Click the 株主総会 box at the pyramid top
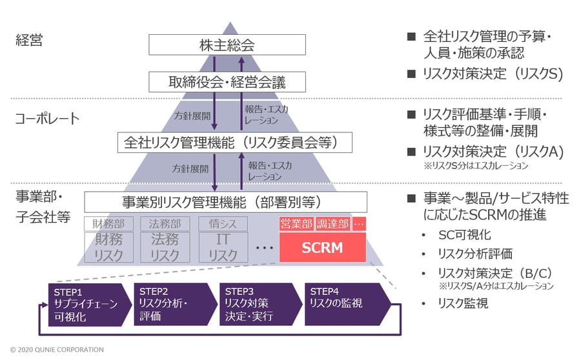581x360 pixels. [x=227, y=45]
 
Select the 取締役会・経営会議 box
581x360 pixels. [x=227, y=82]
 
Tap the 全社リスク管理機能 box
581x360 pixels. [x=234, y=143]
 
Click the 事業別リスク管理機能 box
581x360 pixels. [x=226, y=202]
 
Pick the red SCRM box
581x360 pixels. [x=322, y=247]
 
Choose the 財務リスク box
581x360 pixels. [x=109, y=247]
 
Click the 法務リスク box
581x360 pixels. [x=165, y=247]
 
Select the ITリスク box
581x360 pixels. [x=223, y=247]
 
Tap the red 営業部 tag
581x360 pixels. [x=296, y=224]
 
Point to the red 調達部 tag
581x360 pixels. [x=332, y=224]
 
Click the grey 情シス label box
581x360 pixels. [x=223, y=224]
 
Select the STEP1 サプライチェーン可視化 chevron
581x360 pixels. [x=90, y=305]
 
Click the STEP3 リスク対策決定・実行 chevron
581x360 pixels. [x=261, y=305]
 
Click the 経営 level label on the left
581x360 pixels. [x=29, y=40]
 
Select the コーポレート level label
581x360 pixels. [x=47, y=119]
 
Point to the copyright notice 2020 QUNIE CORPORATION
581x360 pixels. [x=57, y=350]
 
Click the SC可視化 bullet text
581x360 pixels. [x=465, y=235]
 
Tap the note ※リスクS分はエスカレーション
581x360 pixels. [x=476, y=166]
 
